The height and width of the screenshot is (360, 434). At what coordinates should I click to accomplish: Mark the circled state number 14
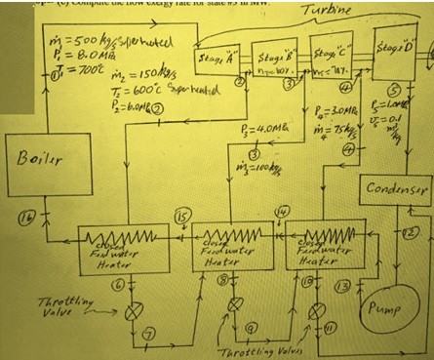[283, 213]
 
